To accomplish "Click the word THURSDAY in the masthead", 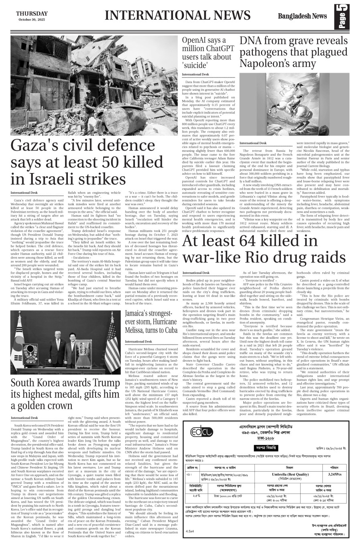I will tap(32, 13).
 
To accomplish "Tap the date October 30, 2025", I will tap(32, 20).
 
